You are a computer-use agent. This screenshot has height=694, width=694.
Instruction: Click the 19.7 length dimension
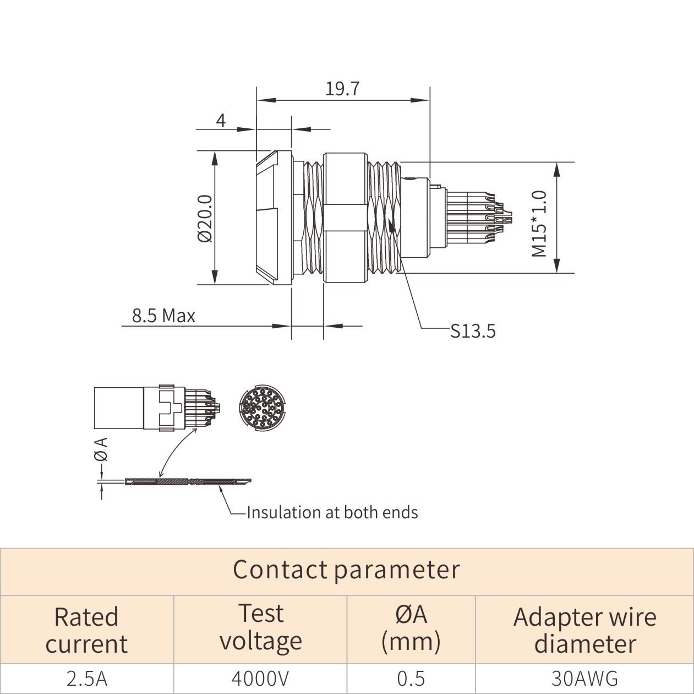tap(342, 89)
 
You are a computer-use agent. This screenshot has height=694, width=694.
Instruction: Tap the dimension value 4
tap(221, 121)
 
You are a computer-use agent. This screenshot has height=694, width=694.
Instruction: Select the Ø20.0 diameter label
tap(205, 218)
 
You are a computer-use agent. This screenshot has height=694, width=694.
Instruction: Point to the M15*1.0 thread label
tap(539, 224)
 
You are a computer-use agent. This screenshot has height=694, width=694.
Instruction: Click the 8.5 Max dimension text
tap(163, 316)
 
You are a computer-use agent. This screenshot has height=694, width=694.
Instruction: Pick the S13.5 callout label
tap(473, 331)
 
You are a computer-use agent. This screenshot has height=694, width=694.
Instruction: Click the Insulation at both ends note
tap(332, 512)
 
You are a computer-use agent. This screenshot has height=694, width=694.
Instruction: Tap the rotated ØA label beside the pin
tap(101, 449)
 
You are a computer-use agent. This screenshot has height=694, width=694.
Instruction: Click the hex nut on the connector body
tap(346, 218)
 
